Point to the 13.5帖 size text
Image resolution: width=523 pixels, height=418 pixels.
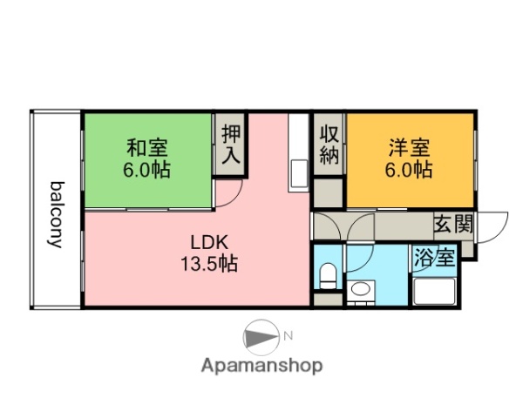(x=211, y=262)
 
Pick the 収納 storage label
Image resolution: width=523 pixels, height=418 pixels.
(x=329, y=145)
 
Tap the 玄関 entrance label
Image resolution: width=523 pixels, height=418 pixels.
(x=453, y=224)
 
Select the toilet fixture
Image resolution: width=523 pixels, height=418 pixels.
(x=328, y=277)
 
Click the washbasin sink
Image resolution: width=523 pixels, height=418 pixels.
(x=359, y=289)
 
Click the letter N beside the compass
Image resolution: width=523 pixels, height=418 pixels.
(x=289, y=335)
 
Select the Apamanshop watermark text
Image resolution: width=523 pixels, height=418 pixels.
(x=261, y=366)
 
